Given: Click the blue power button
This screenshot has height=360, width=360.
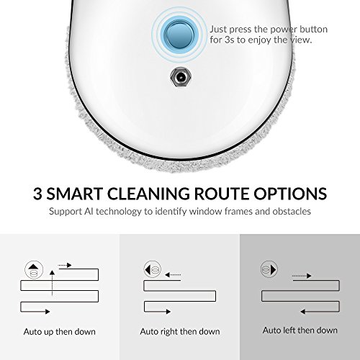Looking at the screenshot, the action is [x=180, y=35].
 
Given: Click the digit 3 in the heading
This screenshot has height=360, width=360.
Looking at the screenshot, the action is [x=37, y=194].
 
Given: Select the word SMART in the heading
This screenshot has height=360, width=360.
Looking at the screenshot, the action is [x=75, y=194].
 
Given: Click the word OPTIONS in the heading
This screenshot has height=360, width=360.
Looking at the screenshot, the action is [x=290, y=194].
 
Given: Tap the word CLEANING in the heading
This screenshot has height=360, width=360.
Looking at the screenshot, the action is [x=148, y=194].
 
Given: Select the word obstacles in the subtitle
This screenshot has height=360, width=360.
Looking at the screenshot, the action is [x=292, y=211].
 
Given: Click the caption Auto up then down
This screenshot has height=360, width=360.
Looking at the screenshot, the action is [x=60, y=332].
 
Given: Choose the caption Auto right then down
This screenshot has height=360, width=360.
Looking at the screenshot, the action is [x=180, y=332].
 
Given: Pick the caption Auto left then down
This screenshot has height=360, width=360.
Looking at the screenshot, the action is [x=300, y=330].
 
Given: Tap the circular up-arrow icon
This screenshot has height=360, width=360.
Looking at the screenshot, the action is [x=34, y=270].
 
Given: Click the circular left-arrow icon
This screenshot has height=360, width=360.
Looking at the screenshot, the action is [x=153, y=269].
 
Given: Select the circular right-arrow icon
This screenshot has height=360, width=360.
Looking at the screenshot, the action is [x=269, y=269].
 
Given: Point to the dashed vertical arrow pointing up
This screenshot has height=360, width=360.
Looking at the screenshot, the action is [x=52, y=283].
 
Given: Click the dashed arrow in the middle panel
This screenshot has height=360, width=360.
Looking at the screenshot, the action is [x=173, y=275].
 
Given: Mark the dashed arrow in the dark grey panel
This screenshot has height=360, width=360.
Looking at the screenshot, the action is [x=302, y=276].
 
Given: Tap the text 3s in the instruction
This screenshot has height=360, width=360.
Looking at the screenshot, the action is [x=229, y=40].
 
